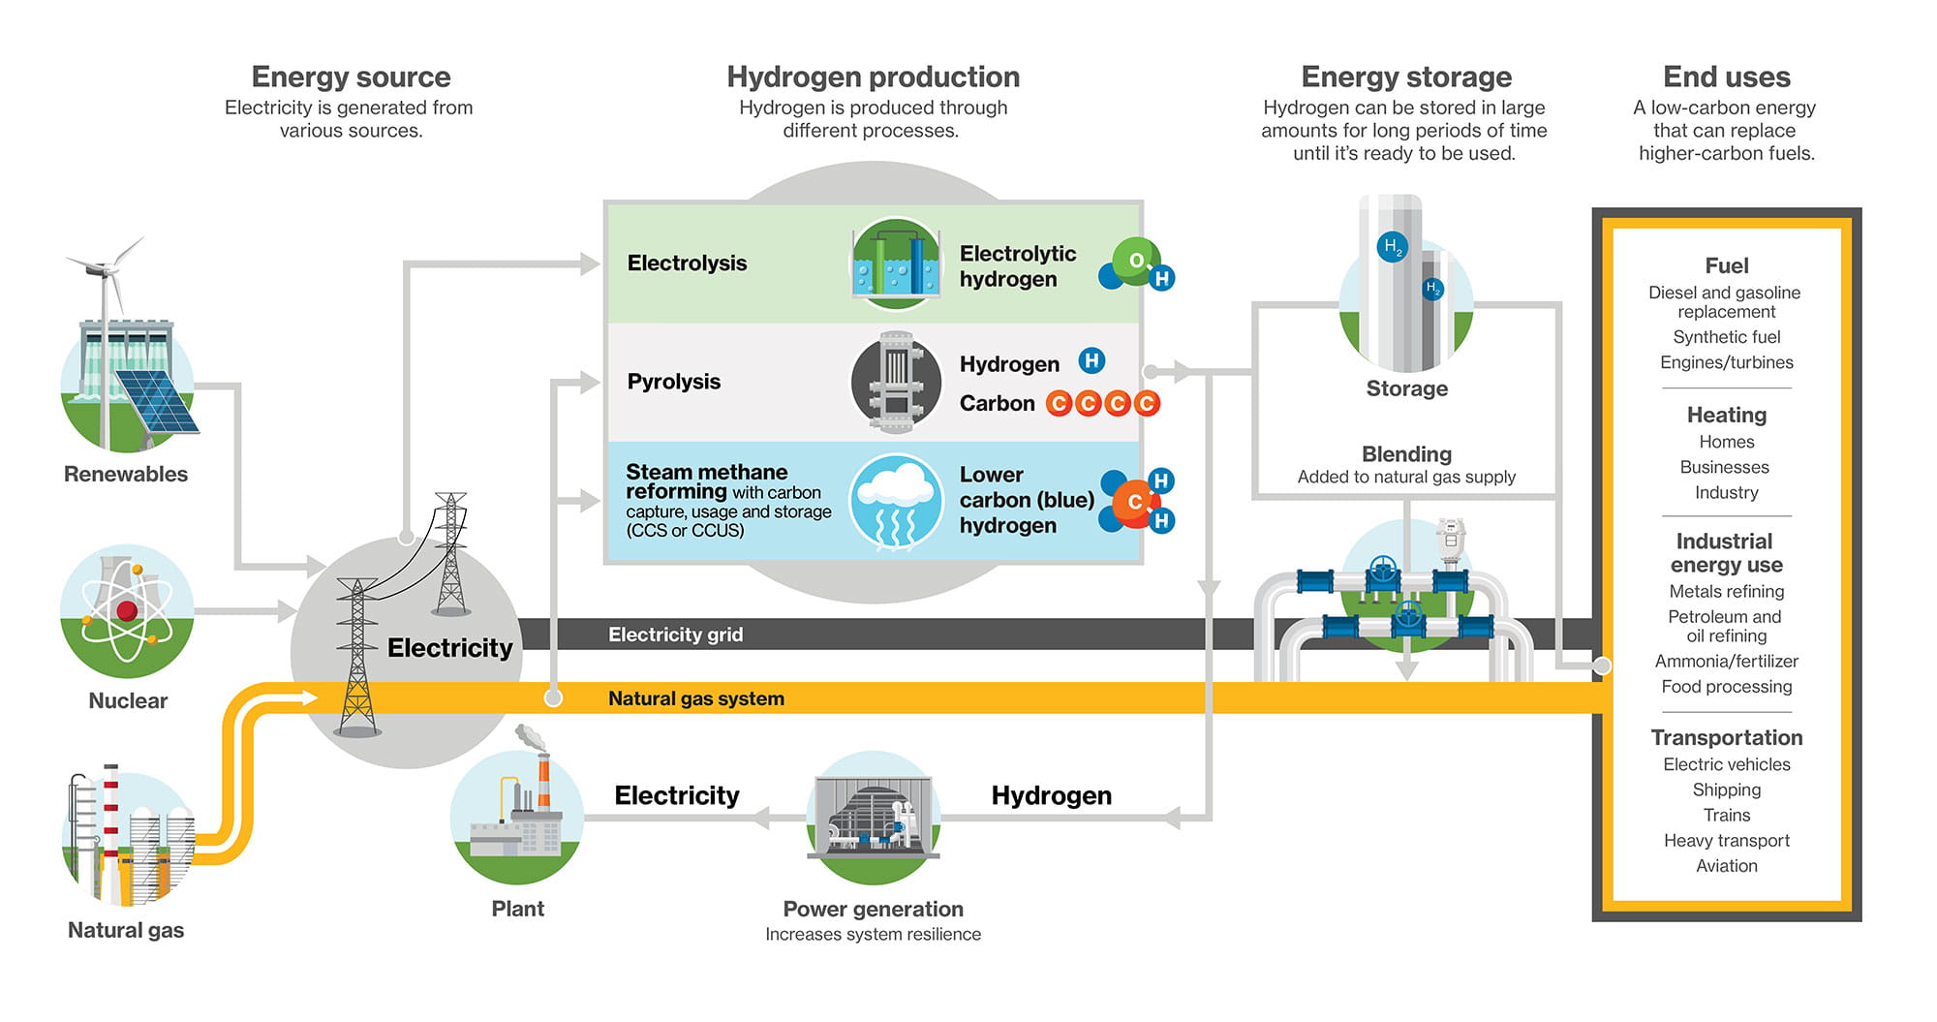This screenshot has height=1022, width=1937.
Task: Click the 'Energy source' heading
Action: [x=351, y=77]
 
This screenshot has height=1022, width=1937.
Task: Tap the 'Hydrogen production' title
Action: [x=873, y=77]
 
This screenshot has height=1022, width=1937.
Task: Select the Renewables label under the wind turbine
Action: [x=126, y=474]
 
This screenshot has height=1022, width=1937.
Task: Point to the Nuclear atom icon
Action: [x=127, y=610]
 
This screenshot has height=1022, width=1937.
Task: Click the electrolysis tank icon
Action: [x=896, y=263]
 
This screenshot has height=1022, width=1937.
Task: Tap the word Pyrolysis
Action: [x=674, y=382]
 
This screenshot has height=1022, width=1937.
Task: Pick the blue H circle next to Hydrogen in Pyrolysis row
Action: [x=1091, y=361]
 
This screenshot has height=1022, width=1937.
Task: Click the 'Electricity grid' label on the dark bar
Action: [x=675, y=635]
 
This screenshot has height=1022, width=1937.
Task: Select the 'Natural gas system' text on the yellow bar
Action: [x=695, y=698]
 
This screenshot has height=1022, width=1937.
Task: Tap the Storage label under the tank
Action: [x=1406, y=388]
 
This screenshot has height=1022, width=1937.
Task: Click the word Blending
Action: [x=1406, y=454]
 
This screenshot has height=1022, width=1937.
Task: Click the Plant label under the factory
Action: [x=517, y=909]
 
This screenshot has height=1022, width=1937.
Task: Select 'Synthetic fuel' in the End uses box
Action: [x=1726, y=337]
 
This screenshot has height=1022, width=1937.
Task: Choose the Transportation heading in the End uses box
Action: [x=1726, y=737]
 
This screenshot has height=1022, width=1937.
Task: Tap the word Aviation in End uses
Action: [x=1726, y=866]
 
